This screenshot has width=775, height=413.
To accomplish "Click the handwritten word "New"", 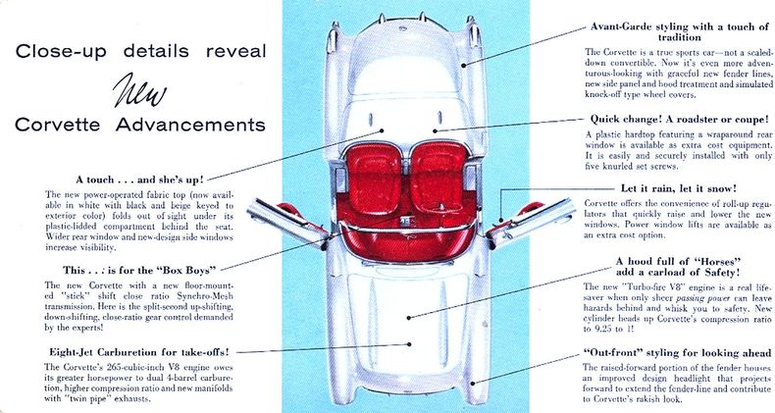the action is coord(139,90).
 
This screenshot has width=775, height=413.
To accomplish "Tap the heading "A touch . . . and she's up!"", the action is coord(139,180).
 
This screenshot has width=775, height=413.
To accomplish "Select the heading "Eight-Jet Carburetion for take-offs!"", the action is coord(139,352).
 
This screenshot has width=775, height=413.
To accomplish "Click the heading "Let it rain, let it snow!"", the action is coord(679,188).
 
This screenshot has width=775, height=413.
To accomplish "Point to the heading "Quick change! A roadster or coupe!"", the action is coord(680,120).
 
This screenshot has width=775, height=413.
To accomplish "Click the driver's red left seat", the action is coord(374,177).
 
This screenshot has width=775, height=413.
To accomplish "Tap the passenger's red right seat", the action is coord(438,177).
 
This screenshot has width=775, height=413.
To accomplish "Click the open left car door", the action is coord(287,222).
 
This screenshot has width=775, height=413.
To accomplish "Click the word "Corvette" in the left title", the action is coord(57,125).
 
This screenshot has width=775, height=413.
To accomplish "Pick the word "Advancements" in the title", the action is coord(190,125).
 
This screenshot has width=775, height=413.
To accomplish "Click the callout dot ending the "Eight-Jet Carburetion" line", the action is coord(410,344).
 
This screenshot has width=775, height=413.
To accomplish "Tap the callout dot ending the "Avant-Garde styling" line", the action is coord(464,65).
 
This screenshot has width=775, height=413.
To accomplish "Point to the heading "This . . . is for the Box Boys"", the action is coord(140,270).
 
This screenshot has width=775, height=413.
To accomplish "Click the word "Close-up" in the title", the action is coord(61,51).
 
